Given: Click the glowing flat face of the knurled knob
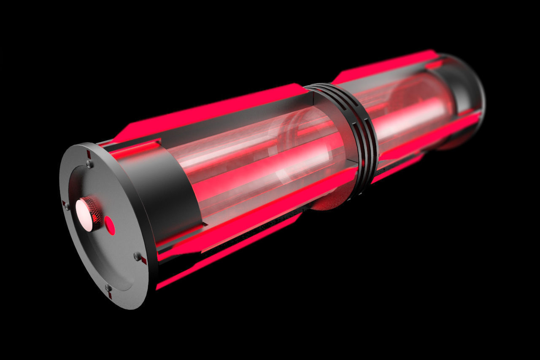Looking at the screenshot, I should click(84, 215).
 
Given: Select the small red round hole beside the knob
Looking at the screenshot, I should click(110, 226).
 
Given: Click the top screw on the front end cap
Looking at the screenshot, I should click(89, 163).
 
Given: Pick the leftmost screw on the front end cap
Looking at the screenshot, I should click(67, 206).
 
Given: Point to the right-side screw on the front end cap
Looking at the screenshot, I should click(137, 256).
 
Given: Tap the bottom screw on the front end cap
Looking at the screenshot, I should click(108, 288).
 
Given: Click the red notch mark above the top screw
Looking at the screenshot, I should click(89, 154).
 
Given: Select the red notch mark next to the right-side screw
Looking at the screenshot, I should click(144, 261).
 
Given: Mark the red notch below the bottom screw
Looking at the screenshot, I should click(110, 296).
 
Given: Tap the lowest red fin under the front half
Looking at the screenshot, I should click(228, 253).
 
